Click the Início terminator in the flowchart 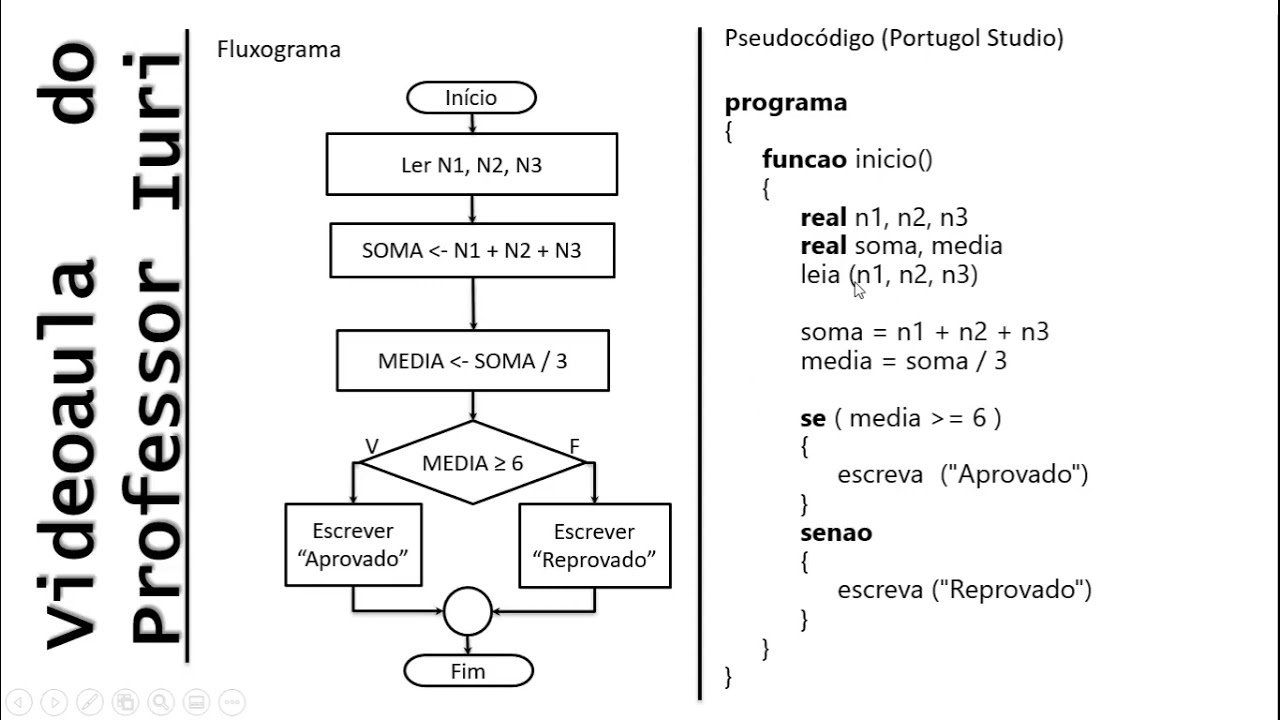pyautogui.click(x=471, y=98)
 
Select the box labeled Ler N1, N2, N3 pyautogui.click(x=471, y=165)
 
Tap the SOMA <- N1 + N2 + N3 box pyautogui.click(x=471, y=250)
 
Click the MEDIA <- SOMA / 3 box pyautogui.click(x=472, y=361)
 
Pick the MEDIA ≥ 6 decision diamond pyautogui.click(x=472, y=463)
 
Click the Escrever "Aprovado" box pyautogui.click(x=353, y=545)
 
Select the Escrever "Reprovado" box pyautogui.click(x=594, y=545)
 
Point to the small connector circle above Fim pyautogui.click(x=468, y=611)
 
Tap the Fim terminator pyautogui.click(x=468, y=671)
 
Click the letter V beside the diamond pyautogui.click(x=371, y=446)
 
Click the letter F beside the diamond pyautogui.click(x=575, y=446)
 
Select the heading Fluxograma pyautogui.click(x=278, y=50)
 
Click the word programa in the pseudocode pyautogui.click(x=785, y=102)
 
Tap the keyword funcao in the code pyautogui.click(x=804, y=159)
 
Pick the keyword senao pyautogui.click(x=836, y=533)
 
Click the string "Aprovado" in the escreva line pyautogui.click(x=1014, y=475)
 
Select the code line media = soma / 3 pyautogui.click(x=903, y=361)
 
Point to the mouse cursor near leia pyautogui.click(x=859, y=289)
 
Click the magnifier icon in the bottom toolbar pyautogui.click(x=160, y=701)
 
